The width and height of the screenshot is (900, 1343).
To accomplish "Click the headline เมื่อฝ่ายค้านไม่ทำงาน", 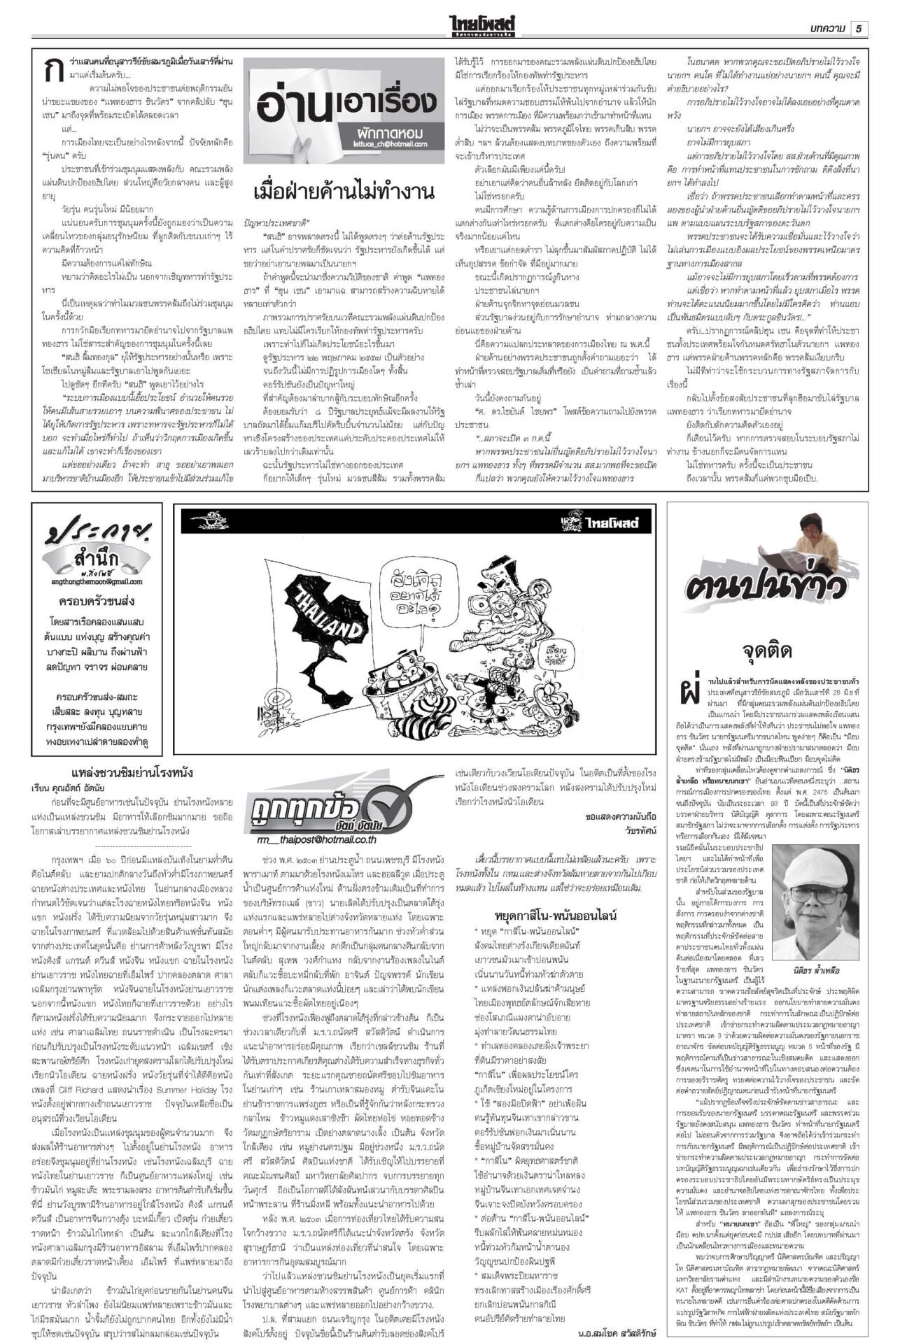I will click(x=344, y=192).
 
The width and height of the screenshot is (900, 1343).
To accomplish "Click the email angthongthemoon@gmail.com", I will click(x=97, y=581).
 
